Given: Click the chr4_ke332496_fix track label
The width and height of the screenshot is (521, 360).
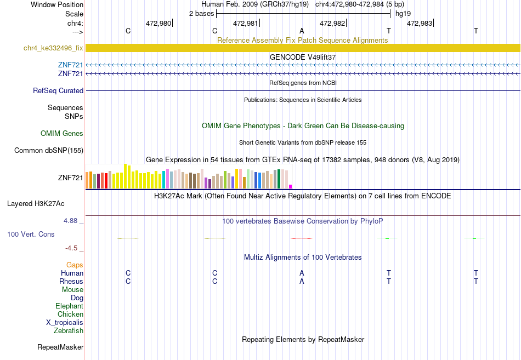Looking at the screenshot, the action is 53,48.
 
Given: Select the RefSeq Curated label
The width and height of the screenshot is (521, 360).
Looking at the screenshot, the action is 58,90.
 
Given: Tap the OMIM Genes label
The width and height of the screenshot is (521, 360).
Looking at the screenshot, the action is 62,134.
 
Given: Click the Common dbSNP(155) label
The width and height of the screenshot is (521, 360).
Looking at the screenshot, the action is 49,151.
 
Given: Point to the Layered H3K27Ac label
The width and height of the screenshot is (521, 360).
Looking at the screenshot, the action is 36,204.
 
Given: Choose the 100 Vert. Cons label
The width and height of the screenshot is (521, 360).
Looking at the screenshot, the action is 31,234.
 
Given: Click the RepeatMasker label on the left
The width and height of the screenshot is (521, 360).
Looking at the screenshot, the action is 60,347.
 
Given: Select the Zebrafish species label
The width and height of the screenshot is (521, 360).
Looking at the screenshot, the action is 69,331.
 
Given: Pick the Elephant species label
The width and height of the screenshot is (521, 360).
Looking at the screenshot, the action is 70,306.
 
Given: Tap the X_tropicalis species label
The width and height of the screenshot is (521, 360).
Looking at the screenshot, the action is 65,323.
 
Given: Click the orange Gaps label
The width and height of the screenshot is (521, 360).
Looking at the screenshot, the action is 75,265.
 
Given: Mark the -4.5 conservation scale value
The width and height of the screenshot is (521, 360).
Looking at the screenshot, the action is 71,248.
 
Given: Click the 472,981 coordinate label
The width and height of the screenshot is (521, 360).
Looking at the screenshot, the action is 246,23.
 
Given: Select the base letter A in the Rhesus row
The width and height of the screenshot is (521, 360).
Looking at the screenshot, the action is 302,281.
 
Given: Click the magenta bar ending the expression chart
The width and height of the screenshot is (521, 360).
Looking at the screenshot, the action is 291,187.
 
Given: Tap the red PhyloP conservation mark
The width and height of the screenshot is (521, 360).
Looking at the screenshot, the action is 302,238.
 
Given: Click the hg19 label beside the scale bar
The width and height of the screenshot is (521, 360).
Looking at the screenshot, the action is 403,14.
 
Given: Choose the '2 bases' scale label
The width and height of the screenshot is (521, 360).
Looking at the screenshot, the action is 202,14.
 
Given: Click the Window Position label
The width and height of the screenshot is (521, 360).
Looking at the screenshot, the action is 57,4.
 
